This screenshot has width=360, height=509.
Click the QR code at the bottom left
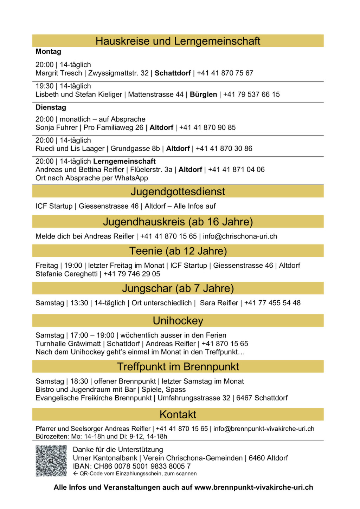coord(51,461)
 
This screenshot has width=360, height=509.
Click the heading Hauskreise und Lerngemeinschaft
coord(178,41)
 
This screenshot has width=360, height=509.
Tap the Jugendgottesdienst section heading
coord(178,192)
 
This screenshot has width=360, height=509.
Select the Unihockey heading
coord(178,321)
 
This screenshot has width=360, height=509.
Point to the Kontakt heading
coord(178,415)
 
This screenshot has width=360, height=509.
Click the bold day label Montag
coord(49,52)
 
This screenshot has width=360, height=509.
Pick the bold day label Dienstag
coord(51,107)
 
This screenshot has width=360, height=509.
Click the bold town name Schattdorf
coord(173,73)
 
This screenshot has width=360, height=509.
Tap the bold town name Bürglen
coord(204,94)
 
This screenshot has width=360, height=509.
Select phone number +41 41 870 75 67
coord(225,73)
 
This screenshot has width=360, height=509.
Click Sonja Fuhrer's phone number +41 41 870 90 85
coord(207,128)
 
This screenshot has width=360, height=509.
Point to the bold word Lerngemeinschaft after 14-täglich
coord(124,161)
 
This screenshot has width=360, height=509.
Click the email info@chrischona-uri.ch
coord(240,236)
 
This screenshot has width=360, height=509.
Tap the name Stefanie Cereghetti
coord(66,274)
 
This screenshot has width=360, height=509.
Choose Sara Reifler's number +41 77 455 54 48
coord(272,303)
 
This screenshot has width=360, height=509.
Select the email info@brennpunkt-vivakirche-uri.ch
coord(264,429)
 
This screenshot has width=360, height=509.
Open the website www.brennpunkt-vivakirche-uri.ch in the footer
coord(254,488)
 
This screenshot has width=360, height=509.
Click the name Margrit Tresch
coord(59,73)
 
